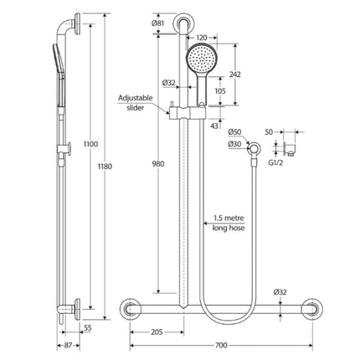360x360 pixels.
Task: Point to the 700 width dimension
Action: click(220, 343)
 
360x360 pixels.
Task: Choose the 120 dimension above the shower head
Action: click(203, 39)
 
